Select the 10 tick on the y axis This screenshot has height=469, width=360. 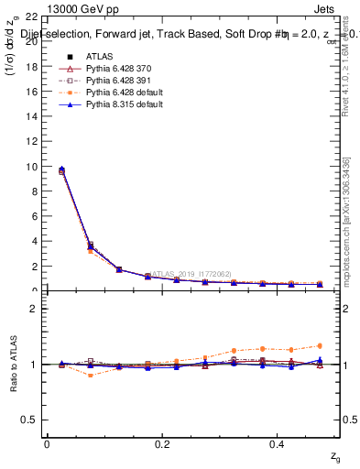coord(31,167)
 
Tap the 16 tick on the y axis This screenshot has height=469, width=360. coord(31,92)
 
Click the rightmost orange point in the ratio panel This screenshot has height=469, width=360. coord(320,345)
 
